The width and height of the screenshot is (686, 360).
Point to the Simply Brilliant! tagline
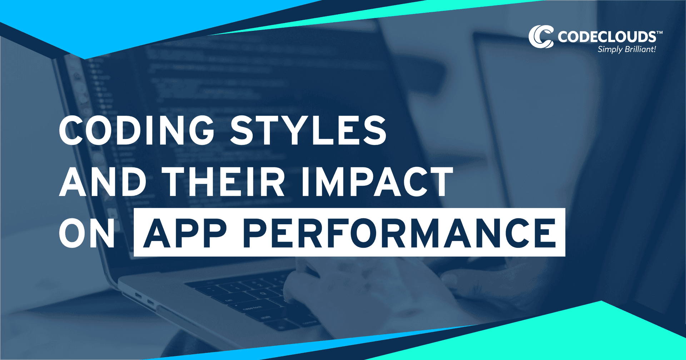click(x=627, y=49)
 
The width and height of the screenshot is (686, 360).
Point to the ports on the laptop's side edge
click(x=145, y=299)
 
